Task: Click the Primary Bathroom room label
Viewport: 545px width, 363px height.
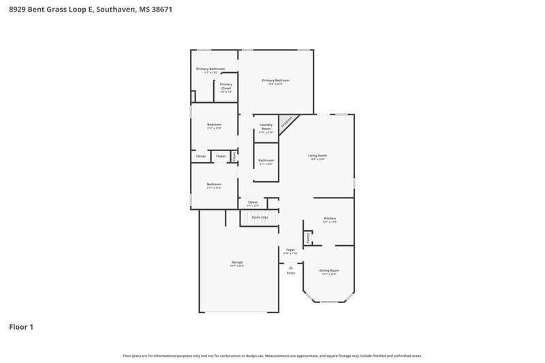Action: (x=210, y=69)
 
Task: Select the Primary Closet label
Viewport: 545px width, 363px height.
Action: (x=225, y=86)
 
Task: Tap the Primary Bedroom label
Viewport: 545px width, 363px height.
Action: (x=276, y=81)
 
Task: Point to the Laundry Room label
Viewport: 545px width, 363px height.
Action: (x=266, y=127)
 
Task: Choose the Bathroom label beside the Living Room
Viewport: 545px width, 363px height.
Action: (x=266, y=161)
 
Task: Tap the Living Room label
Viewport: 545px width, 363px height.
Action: (x=317, y=156)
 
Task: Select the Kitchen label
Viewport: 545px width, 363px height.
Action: (x=329, y=219)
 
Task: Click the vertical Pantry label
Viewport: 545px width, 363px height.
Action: (x=308, y=238)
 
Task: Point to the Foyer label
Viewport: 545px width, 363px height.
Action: (x=290, y=251)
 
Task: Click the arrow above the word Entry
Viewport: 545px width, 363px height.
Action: (x=291, y=268)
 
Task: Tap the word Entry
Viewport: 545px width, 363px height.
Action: (x=291, y=273)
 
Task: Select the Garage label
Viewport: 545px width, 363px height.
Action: (x=237, y=262)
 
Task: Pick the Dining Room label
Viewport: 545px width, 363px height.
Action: (x=329, y=270)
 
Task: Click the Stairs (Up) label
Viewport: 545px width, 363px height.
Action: (x=259, y=217)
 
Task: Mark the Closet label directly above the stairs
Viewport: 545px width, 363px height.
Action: (x=253, y=202)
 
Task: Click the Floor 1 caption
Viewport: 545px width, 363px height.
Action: (x=21, y=327)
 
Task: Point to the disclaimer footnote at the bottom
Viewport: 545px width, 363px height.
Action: (x=272, y=356)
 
